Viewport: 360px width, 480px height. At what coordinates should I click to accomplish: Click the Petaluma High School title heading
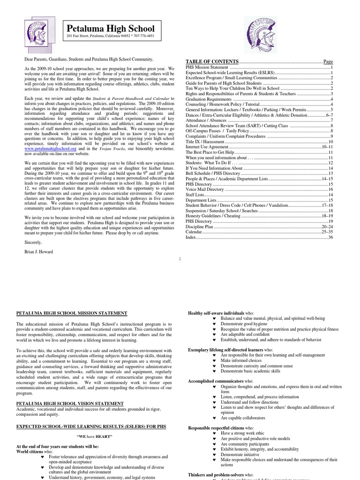pyautogui.click(x=111, y=29)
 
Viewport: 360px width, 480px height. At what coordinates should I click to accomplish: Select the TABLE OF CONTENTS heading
pyautogui.click(x=212, y=62)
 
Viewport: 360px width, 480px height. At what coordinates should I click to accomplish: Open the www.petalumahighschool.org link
pyautogui.click(x=50, y=148)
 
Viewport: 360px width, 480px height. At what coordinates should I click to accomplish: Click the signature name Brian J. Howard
pyautogui.click(x=38, y=252)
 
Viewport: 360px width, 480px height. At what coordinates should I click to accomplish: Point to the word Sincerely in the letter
pyautogui.click(x=33, y=242)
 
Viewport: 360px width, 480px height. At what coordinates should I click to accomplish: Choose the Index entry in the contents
pyautogui.click(x=191, y=238)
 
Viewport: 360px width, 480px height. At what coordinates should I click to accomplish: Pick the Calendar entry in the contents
pyautogui.click(x=194, y=232)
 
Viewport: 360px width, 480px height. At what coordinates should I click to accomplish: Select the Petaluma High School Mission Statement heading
pyautogui.click(x=71, y=313)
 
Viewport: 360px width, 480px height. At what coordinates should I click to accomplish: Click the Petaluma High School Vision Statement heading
pyautogui.click(x=70, y=403)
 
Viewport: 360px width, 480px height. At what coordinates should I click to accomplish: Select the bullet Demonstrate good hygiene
pyautogui.click(x=245, y=324)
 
